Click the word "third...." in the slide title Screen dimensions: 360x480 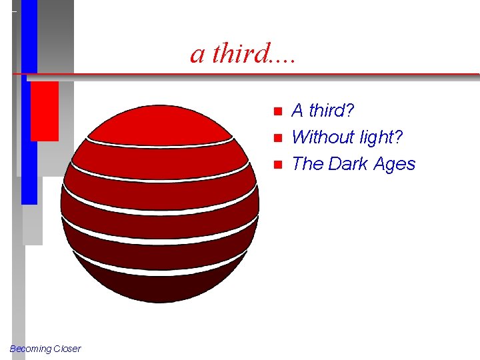254,53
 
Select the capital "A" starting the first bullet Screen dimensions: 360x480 298,110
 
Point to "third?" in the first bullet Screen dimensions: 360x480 331,110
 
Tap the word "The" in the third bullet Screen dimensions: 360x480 307,164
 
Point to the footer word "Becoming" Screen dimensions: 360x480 30,349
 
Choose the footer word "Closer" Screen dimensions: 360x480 67,349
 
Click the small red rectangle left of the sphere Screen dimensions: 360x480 44,111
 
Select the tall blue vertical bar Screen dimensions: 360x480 29,133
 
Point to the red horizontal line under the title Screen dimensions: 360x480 267,74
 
